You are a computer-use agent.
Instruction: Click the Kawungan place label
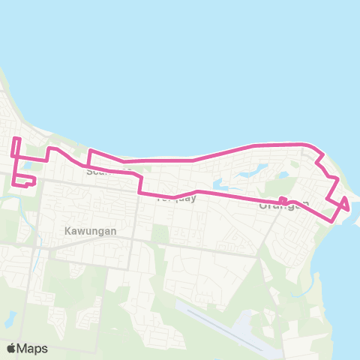pyautogui.click(x=90, y=231)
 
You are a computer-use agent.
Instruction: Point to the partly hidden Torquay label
pyautogui.click(x=175, y=199)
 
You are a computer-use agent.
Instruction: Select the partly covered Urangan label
pyautogui.click(x=283, y=205)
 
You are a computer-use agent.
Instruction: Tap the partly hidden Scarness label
pyautogui.click(x=101, y=172)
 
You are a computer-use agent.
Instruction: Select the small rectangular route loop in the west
pyautogui.click(x=25, y=180)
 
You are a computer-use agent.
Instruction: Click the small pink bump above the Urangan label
pyautogui.click(x=283, y=199)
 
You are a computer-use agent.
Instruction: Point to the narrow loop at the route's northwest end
pyautogui.click(x=16, y=147)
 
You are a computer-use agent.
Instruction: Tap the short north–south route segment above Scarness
pyautogui.click(x=89, y=157)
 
